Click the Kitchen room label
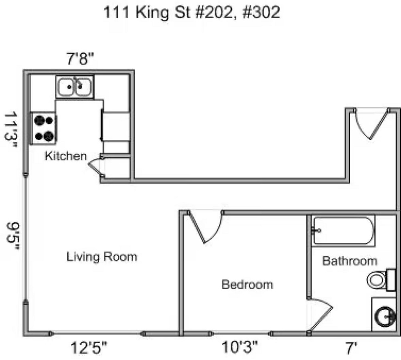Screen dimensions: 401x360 (x=66, y=156)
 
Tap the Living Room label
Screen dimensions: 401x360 (x=102, y=257)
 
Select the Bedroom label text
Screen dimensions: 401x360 (x=247, y=285)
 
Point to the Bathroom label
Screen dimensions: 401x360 (x=350, y=261)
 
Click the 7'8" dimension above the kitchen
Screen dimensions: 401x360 (x=80, y=59)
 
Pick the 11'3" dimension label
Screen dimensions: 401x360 (x=11, y=129)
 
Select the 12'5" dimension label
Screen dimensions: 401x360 (x=89, y=348)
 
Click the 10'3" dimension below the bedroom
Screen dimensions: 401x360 (x=239, y=347)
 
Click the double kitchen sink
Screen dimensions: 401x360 (x=75, y=87)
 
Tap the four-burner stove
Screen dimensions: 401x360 (x=43, y=128)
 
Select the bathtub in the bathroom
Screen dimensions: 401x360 (x=343, y=231)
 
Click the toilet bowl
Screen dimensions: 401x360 (x=376, y=280)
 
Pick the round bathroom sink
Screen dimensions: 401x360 (x=385, y=316)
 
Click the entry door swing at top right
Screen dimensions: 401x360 (x=371, y=124)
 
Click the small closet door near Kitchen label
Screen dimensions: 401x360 (x=95, y=166)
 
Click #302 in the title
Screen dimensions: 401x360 (x=261, y=12)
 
